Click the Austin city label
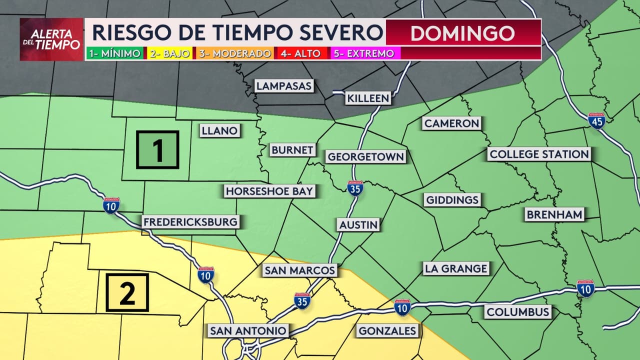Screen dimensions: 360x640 pos(358,224)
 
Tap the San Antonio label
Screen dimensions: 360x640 pos(248,330)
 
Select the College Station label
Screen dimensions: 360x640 pos(539,154)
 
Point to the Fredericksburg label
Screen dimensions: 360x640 pos(190,222)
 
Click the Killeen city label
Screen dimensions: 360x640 pos(368,98)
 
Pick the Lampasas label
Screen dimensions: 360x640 pos(284,86)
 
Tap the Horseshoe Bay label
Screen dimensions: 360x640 pos(269,191)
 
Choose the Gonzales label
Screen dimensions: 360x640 pos(387,330)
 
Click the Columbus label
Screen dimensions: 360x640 pos(518,312)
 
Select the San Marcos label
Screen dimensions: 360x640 pos(299,270)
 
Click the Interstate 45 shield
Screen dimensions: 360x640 pos(596,120)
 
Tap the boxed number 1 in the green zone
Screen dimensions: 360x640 pos(157,149)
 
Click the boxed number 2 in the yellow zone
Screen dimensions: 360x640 pos(127,292)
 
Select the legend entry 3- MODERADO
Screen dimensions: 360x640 pos(235,53)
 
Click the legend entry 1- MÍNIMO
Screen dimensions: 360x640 pos(115,53)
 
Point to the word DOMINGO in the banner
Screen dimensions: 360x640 pos(462,33)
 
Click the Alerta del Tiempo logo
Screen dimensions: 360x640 pos(51,39)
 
